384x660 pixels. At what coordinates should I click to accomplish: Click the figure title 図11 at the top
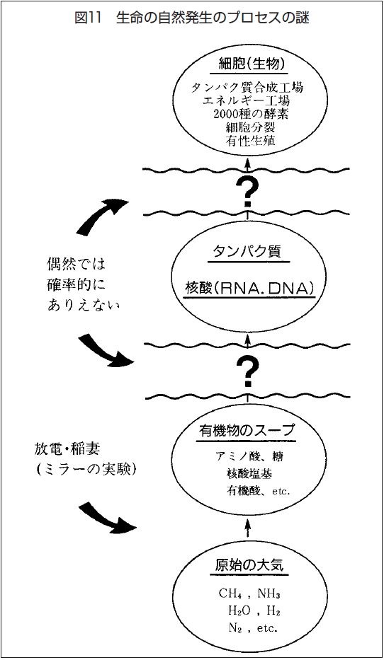click(x=89, y=18)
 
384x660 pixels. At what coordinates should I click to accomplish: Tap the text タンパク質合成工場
click(x=247, y=88)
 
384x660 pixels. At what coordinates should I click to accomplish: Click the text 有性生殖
click(x=251, y=140)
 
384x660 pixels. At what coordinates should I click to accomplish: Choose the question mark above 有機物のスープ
click(x=247, y=371)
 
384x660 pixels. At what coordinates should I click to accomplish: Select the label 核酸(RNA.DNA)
click(x=250, y=288)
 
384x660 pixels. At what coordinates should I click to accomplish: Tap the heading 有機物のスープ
click(x=247, y=431)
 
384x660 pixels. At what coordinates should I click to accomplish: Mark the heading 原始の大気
click(x=249, y=565)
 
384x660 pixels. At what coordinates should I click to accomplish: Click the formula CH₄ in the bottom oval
click(x=230, y=594)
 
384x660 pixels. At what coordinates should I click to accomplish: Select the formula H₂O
click(x=240, y=610)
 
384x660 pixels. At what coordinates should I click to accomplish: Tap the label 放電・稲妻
click(x=67, y=449)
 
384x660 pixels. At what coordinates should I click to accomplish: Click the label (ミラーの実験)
click(x=86, y=470)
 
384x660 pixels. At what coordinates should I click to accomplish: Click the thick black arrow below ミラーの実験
click(x=108, y=518)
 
